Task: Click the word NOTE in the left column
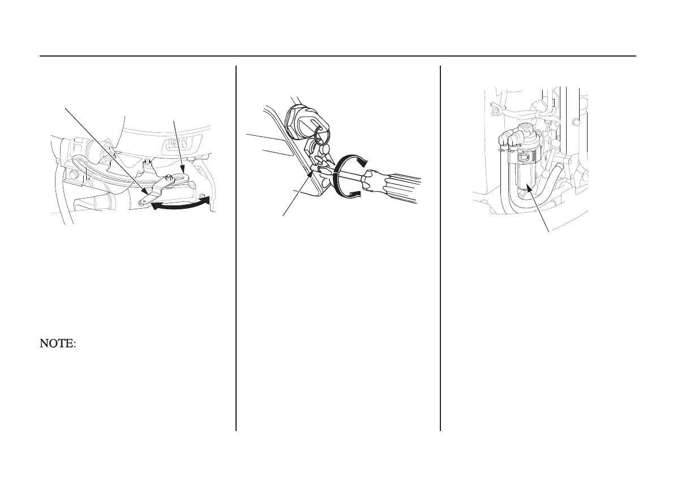point(57,343)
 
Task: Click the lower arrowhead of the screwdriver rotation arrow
point(352,196)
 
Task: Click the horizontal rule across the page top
point(338,56)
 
